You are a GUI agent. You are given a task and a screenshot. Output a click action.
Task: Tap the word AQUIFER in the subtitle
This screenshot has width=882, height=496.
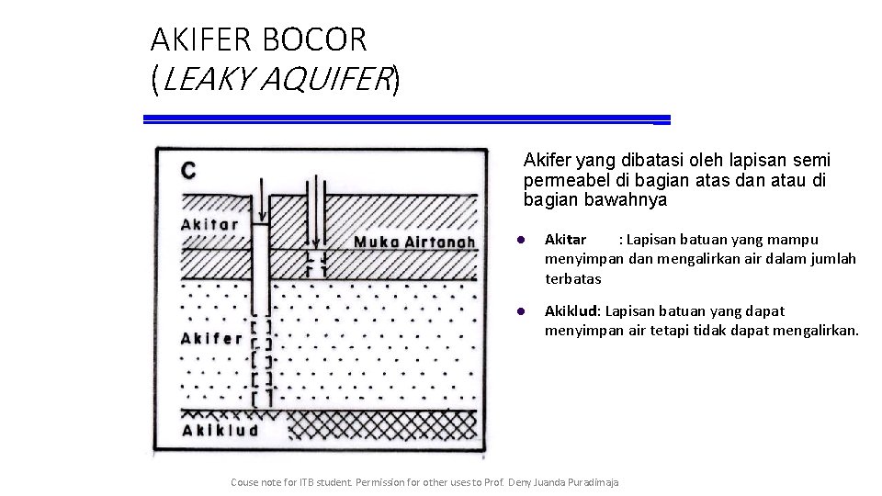point(325,82)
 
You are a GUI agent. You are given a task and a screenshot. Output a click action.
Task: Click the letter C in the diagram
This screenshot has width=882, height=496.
point(188,171)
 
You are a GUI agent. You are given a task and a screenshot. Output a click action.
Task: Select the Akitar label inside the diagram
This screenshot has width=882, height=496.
point(209,224)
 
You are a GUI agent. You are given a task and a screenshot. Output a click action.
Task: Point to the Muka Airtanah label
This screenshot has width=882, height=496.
point(414,242)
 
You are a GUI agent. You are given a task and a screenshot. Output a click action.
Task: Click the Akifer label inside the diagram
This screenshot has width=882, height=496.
point(212,338)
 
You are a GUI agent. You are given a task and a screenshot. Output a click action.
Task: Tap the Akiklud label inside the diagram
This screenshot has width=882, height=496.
point(220,430)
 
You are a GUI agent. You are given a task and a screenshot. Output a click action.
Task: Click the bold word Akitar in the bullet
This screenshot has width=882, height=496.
point(566,240)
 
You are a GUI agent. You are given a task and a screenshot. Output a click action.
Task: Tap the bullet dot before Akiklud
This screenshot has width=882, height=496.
point(520,312)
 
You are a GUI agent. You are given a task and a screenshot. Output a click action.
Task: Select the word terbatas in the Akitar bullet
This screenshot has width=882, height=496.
point(572,278)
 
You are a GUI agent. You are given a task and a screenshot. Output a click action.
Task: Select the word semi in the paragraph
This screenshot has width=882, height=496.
point(812,161)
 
